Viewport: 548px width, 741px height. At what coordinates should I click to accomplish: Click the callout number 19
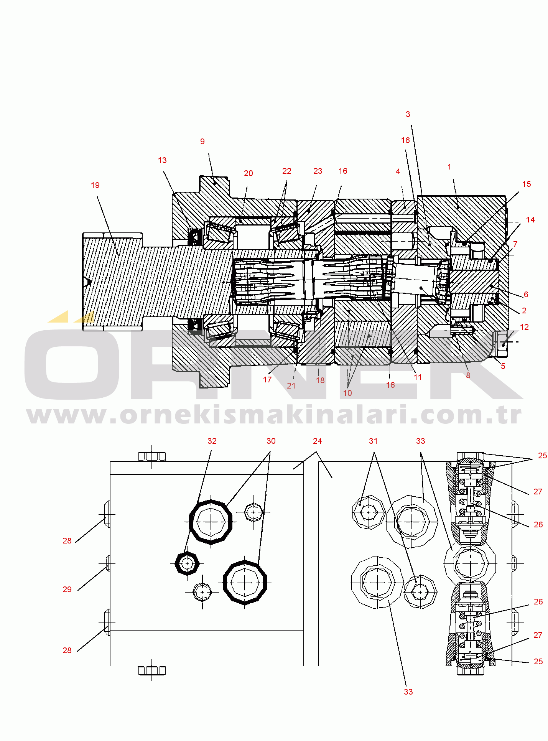[95, 185]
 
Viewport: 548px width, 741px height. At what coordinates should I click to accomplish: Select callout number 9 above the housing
[202, 142]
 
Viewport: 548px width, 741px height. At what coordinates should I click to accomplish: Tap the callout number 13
[162, 160]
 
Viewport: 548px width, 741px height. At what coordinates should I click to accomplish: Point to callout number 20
[248, 173]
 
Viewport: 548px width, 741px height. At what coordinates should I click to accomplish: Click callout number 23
[318, 171]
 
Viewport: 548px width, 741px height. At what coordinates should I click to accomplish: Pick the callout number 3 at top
[408, 114]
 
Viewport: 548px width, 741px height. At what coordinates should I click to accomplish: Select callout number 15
[527, 184]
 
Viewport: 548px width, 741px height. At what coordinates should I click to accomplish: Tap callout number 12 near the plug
[524, 327]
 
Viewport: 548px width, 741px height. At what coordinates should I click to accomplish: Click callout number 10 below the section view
[347, 393]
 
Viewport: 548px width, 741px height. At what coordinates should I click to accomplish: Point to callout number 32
[212, 441]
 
